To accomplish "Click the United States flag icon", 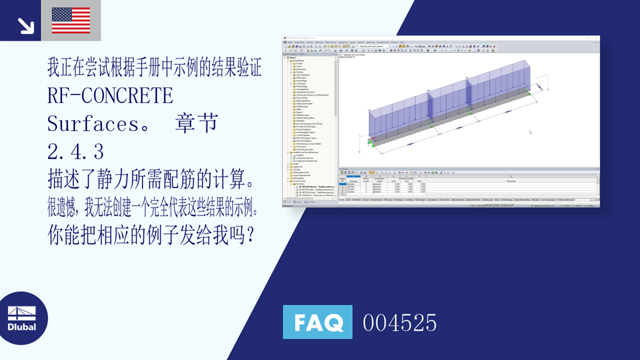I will [70, 20].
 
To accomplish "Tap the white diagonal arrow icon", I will [26, 26].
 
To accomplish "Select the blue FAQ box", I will [317, 322].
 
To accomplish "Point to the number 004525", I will [399, 323].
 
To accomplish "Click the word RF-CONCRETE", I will [110, 96].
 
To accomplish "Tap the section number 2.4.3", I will [76, 151].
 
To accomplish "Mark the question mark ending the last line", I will [249, 236].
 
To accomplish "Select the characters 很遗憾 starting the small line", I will [63, 207].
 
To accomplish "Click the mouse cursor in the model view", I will [530, 132].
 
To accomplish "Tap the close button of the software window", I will [597, 38].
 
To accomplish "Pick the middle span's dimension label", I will [459, 128].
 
